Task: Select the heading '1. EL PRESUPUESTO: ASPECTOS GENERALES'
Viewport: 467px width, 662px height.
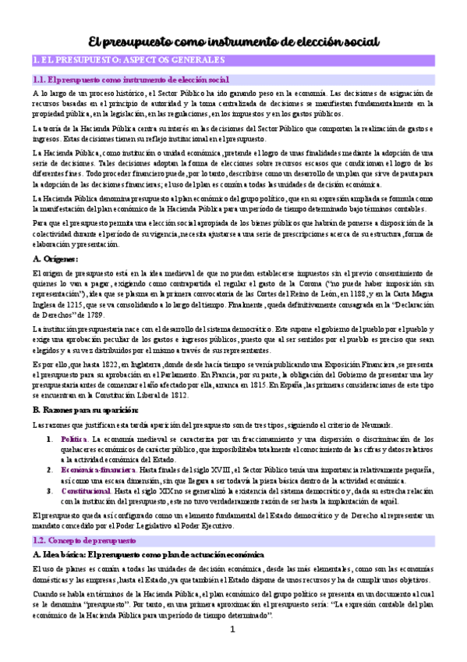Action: [128, 60]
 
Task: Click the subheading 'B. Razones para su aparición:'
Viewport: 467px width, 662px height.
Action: [86, 409]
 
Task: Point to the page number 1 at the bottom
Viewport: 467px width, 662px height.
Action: [232, 650]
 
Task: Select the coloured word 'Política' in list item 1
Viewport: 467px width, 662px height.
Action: [75, 440]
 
